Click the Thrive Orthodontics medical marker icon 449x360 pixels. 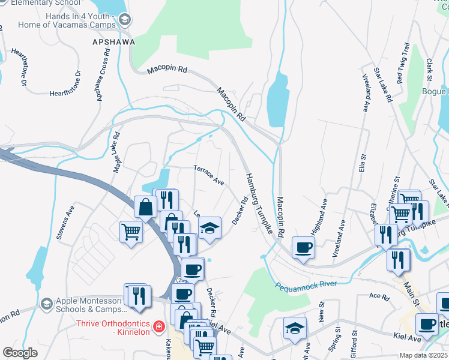point(158,326)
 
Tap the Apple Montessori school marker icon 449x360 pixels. point(46,304)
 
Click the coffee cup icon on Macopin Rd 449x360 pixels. point(304,247)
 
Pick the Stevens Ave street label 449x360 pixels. point(65,223)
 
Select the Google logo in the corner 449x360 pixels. point(20,353)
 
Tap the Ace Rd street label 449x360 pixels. point(379,296)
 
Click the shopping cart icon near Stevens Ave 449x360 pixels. point(131,231)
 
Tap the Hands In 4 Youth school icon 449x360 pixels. point(125,20)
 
